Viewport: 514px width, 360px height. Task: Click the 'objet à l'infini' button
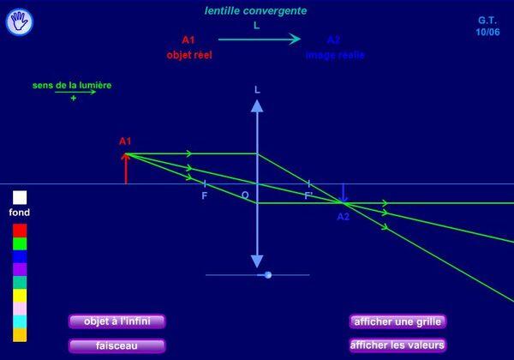pyautogui.click(x=117, y=321)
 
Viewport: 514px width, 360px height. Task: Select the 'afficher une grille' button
pyautogui.click(x=397, y=321)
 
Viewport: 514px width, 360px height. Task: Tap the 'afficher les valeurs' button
pyautogui.click(x=397, y=345)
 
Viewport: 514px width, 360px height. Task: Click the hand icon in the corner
pyautogui.click(x=19, y=22)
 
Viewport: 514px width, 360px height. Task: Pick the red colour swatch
pyautogui.click(x=20, y=231)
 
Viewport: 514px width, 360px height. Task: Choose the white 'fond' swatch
pyautogui.click(x=20, y=197)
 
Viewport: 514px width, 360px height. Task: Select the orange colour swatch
pyautogui.click(x=20, y=335)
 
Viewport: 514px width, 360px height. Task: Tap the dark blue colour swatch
pyautogui.click(x=20, y=256)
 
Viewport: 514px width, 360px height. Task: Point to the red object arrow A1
pyautogui.click(x=126, y=169)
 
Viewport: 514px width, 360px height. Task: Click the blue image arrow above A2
pyautogui.click(x=343, y=193)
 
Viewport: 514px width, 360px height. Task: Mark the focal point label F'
pyautogui.click(x=309, y=195)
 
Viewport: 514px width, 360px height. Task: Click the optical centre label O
pyautogui.click(x=245, y=195)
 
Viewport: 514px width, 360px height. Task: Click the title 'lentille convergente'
pyautogui.click(x=256, y=11)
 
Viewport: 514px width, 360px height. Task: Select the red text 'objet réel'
pyautogui.click(x=189, y=55)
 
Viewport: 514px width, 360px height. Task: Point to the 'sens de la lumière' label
pyautogui.click(x=72, y=86)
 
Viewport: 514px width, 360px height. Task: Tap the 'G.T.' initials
pyautogui.click(x=487, y=20)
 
